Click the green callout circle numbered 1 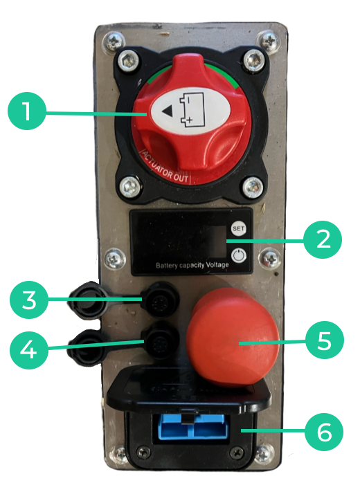point(27,111)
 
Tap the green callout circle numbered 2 point(323,240)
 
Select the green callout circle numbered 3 point(29,300)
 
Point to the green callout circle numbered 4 point(29,349)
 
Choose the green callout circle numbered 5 point(325,340)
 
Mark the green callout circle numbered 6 point(324,432)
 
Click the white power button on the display point(239,255)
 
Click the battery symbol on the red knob point(192,111)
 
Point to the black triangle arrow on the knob point(167,111)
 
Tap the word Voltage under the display point(217,264)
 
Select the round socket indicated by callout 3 point(160,300)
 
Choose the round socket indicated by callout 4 point(161,342)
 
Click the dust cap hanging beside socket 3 point(84,300)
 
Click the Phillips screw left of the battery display point(114,259)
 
